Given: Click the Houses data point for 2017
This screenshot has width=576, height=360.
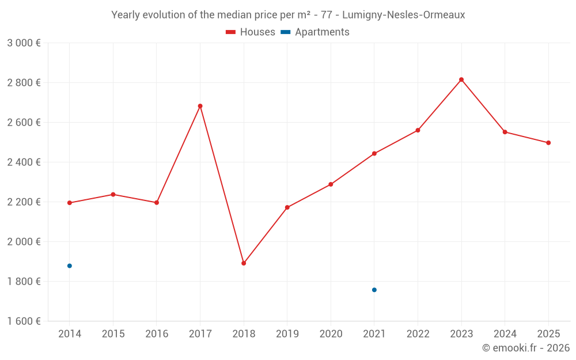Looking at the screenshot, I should tap(200, 106).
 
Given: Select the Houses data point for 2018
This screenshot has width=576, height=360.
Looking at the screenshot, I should tap(244, 263).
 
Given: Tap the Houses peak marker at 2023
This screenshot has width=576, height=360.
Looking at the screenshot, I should tap(461, 79).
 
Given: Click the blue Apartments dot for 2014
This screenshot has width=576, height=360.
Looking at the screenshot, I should tap(70, 266).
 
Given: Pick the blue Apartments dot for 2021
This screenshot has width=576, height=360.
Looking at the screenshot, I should tap(374, 290).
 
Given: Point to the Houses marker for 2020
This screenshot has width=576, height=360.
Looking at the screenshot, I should tap(331, 184).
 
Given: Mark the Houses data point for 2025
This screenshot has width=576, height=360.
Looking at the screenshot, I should tap(548, 143).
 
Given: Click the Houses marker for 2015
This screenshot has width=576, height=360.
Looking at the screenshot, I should tap(113, 194).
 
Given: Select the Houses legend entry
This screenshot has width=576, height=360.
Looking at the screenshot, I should tap(251, 32).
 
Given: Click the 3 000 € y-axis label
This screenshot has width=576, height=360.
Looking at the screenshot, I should tap(24, 43).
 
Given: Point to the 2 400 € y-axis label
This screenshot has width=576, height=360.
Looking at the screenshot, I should tap(24, 162).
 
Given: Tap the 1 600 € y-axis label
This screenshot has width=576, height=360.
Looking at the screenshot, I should tap(24, 321).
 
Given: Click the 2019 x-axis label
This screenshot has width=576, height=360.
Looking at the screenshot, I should tap(287, 334).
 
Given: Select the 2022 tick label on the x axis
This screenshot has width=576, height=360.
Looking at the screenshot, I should tap(418, 334).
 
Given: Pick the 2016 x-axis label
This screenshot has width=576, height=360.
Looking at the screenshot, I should tap(157, 334).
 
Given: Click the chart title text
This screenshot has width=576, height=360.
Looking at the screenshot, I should tap(288, 15).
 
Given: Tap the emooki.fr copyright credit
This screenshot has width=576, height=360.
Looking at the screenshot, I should tap(525, 348).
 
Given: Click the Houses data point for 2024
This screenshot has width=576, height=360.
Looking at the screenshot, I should tap(505, 132).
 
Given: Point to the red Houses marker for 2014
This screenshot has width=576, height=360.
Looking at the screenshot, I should tap(70, 203).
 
